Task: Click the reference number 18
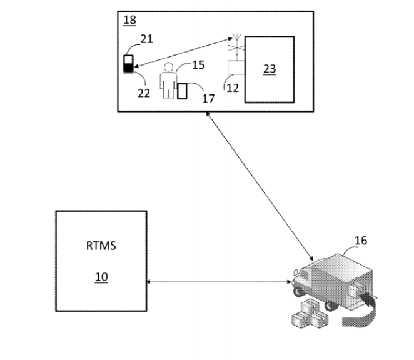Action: click(x=129, y=20)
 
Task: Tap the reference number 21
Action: click(x=146, y=39)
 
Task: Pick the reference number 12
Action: click(x=232, y=88)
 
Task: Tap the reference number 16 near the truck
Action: click(x=361, y=240)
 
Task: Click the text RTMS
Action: click(x=101, y=246)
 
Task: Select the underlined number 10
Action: click(x=101, y=276)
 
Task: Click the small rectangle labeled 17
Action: click(x=183, y=91)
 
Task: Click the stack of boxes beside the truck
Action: click(x=309, y=313)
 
